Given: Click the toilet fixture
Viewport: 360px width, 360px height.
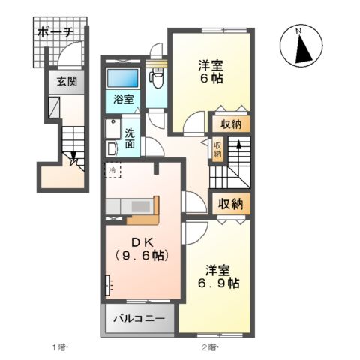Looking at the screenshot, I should (x=157, y=76).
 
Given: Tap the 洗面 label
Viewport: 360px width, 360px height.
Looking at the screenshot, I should (x=130, y=138).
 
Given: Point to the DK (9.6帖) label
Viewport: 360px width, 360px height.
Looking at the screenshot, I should (x=140, y=249).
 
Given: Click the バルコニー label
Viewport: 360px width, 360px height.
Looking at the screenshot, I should (x=139, y=319).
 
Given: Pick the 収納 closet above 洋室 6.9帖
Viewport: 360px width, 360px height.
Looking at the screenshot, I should (x=230, y=203).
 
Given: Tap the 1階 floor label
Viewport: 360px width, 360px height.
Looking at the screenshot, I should (x=61, y=347).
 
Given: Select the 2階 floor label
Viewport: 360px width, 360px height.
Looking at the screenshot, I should (x=209, y=347).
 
